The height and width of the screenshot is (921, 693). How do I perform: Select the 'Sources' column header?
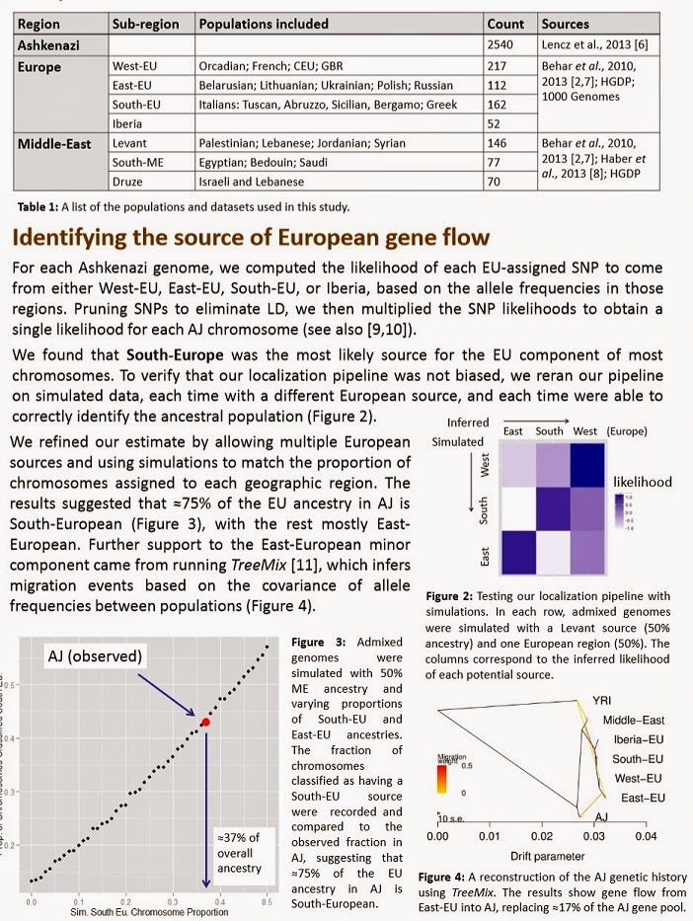565,24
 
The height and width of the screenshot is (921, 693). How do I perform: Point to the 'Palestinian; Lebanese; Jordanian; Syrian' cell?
301,143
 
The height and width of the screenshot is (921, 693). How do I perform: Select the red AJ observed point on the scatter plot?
205,723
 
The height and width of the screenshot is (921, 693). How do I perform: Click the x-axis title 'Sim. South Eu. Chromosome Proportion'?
137,912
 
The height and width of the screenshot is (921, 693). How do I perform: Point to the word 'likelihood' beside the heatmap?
643,482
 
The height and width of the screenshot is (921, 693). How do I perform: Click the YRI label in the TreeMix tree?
602,700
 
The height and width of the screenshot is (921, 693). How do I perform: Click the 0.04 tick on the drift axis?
646,836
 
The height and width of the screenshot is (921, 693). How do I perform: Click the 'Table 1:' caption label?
41,207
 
